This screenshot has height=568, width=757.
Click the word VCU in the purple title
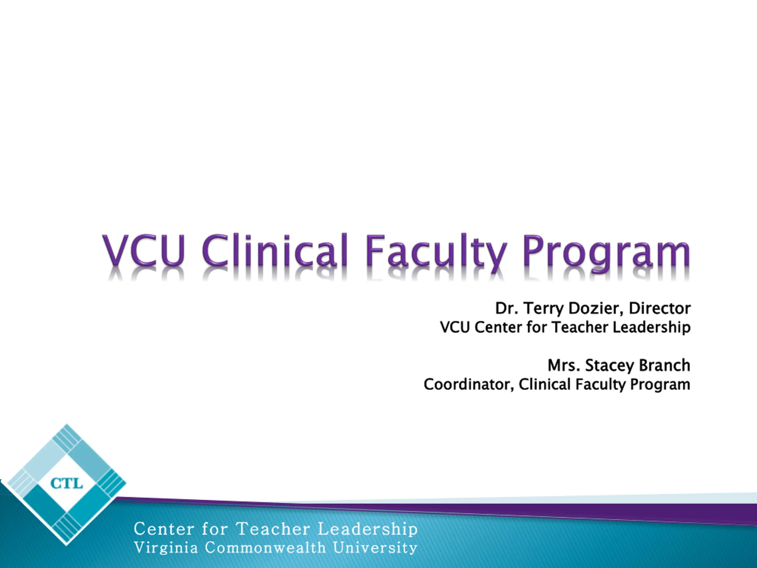(144, 251)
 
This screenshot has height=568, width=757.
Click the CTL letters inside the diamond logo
(67, 484)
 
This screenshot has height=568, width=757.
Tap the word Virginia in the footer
(166, 548)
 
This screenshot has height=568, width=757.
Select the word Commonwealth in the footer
(265, 548)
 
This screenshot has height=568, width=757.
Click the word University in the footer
(375, 548)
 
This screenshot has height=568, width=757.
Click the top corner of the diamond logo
(67, 424)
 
